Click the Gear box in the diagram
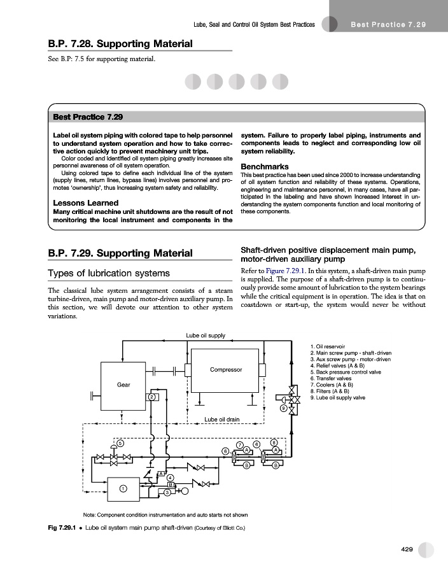tap(123, 384)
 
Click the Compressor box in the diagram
tap(225, 370)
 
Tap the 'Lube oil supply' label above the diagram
tap(205, 336)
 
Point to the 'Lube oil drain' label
tap(221, 420)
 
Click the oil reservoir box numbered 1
tap(123, 488)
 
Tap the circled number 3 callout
tap(167, 492)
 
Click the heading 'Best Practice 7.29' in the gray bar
tap(88, 117)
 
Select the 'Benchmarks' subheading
tap(265, 167)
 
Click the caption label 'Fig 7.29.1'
tap(62, 528)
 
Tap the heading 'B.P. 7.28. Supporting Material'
tap(120, 44)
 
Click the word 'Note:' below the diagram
tap(91, 514)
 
